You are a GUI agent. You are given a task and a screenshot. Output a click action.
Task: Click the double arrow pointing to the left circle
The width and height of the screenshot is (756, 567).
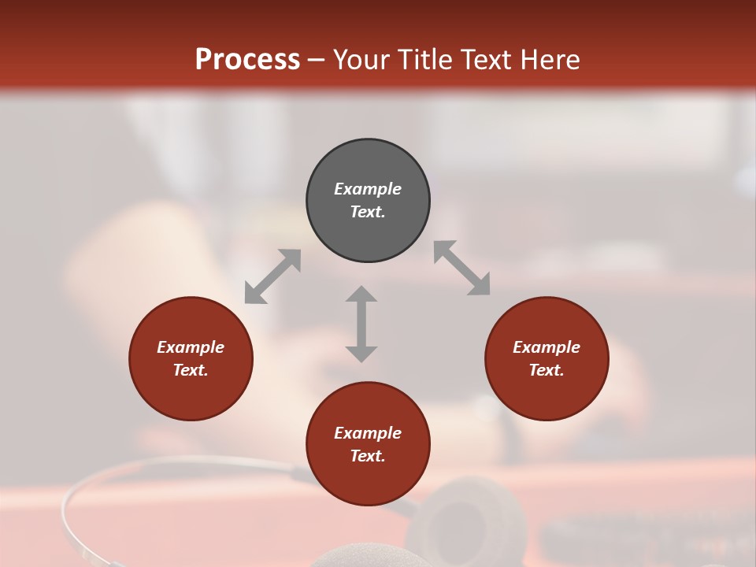(x=272, y=276)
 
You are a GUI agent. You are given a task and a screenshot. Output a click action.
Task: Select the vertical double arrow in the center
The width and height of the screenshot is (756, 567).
(x=361, y=324)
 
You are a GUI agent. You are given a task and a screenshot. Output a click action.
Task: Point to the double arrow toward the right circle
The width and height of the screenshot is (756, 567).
(x=462, y=268)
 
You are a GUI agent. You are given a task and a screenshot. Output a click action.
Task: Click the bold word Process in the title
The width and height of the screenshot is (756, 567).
(x=247, y=59)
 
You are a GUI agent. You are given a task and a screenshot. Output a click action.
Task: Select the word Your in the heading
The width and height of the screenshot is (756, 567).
(x=361, y=59)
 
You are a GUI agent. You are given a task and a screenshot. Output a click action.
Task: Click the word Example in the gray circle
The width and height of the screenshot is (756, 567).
(x=368, y=189)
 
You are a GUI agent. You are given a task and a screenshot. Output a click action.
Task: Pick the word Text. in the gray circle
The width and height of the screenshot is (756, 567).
(x=368, y=212)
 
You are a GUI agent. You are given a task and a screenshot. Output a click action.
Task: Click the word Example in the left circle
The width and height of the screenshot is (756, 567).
(x=191, y=347)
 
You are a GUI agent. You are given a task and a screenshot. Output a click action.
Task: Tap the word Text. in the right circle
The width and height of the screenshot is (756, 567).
(x=547, y=370)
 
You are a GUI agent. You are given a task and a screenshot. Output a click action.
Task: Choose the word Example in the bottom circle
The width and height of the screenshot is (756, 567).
(x=368, y=433)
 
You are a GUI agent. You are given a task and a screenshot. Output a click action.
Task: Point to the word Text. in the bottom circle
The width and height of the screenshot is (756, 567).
(x=368, y=456)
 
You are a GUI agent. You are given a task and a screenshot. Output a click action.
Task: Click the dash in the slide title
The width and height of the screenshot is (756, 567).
(x=317, y=59)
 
